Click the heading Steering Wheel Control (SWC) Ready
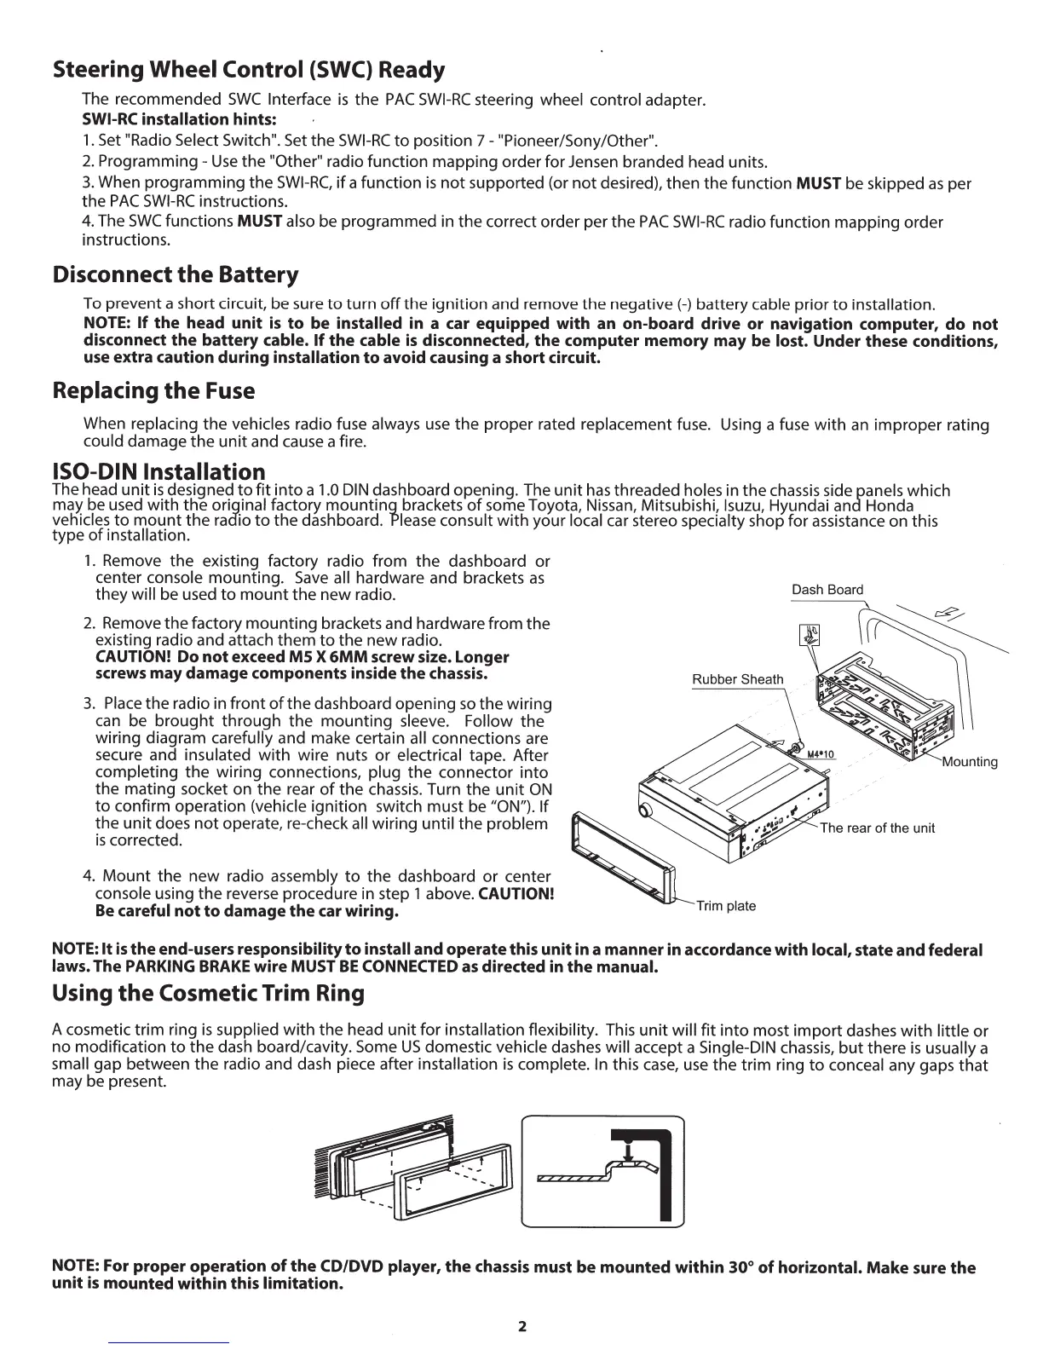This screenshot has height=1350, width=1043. pos(249,69)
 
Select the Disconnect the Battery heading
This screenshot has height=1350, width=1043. pos(176,275)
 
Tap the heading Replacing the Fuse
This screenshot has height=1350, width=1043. pos(153,391)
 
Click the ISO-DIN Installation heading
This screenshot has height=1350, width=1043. pos(158,471)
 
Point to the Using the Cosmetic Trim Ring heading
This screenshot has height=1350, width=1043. pos(208,993)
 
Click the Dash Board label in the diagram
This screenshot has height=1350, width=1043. pos(827,590)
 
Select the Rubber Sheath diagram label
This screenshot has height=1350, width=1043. pos(737,679)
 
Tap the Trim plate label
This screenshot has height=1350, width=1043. pos(726,905)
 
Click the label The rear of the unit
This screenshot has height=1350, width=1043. pos(877,828)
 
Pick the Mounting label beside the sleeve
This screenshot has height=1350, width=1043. pos(970,762)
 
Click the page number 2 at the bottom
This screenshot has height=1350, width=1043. pos(522,1326)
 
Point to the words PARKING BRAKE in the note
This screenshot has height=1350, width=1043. pos(176,967)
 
